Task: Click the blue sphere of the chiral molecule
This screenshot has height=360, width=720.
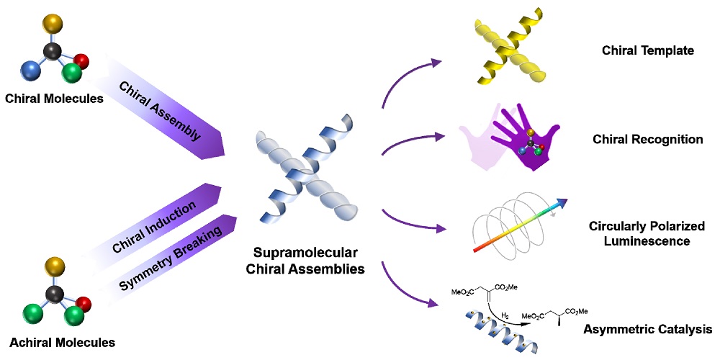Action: pos(30,71)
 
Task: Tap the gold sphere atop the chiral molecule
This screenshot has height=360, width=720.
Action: pos(52,22)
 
